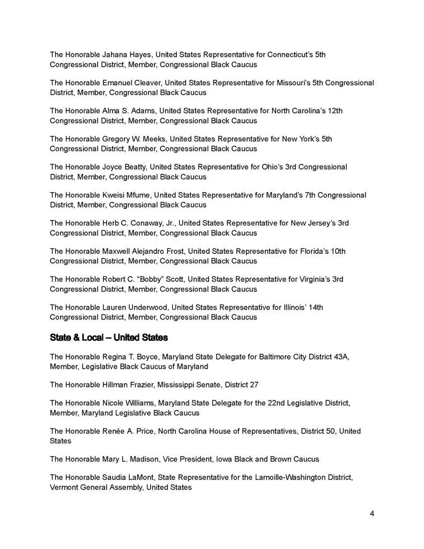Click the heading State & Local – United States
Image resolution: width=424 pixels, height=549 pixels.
pos(109,338)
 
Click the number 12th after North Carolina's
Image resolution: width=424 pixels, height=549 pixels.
pos(333,111)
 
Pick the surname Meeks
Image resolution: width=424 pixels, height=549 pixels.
pos(166,139)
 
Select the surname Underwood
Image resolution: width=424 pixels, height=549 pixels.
pos(154,307)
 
